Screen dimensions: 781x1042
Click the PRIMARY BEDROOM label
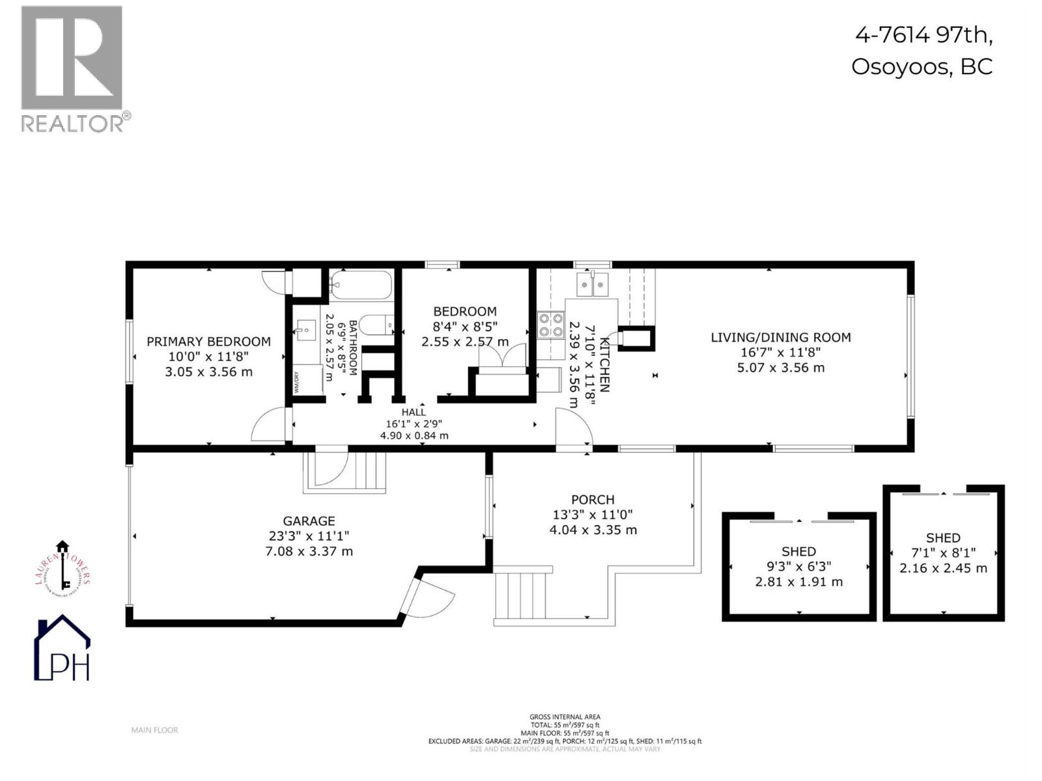pyautogui.click(x=208, y=342)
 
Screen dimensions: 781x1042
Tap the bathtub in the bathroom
pyautogui.click(x=360, y=284)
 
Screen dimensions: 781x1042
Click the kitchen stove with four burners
pyautogui.click(x=550, y=325)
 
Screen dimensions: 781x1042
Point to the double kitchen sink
pyautogui.click(x=593, y=284)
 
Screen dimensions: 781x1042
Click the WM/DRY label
pyautogui.click(x=296, y=382)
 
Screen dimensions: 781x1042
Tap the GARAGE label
pyautogui.click(x=309, y=521)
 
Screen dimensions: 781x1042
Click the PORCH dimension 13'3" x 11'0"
pyautogui.click(x=593, y=515)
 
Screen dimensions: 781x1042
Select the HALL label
pyautogui.click(x=414, y=412)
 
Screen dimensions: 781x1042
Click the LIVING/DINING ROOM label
pyautogui.click(x=780, y=337)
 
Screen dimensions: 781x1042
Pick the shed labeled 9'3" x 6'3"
pyautogui.click(x=798, y=566)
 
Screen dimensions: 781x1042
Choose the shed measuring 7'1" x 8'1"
pyautogui.click(x=943, y=553)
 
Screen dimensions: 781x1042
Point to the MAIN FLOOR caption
pyautogui.click(x=154, y=730)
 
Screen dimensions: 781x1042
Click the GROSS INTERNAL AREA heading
pyautogui.click(x=565, y=717)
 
